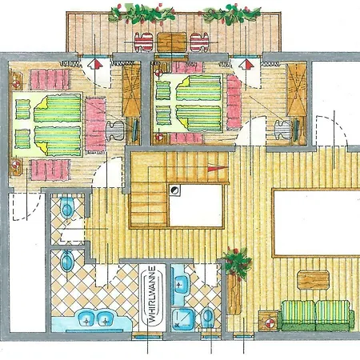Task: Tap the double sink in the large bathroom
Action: click(95, 318)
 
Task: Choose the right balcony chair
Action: click(198, 42)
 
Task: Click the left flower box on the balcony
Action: click(134, 14)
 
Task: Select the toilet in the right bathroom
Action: click(208, 317)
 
